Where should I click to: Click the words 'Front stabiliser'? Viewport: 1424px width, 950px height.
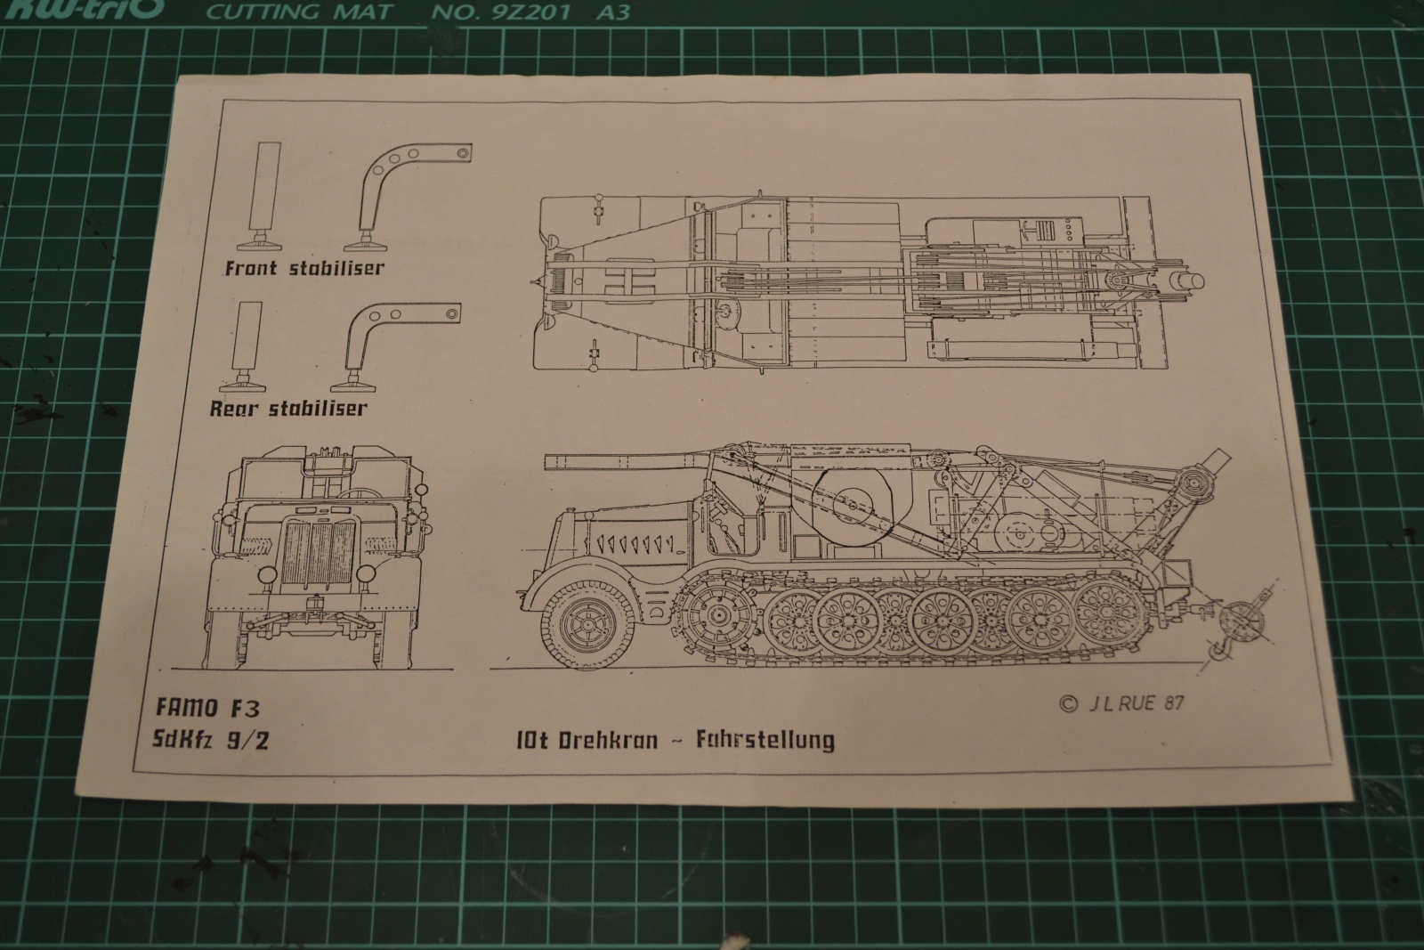pos(303,267)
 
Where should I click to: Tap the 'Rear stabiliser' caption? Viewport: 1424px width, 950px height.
pos(287,409)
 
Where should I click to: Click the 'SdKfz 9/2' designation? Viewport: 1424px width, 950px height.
pos(212,739)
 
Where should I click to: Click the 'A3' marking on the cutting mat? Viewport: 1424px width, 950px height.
pos(611,12)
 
